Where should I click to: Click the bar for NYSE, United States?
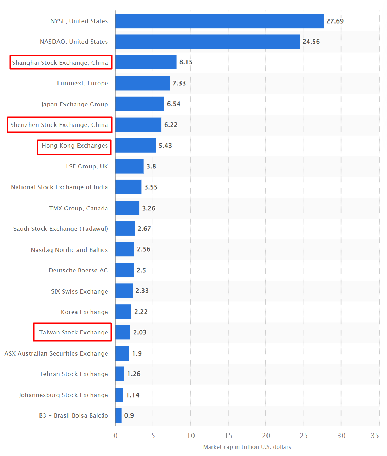click(x=219, y=21)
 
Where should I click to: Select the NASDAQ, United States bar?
click(x=207, y=42)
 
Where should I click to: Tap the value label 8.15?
click(x=186, y=62)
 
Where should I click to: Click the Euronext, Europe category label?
click(x=82, y=83)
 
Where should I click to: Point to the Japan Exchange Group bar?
click(x=140, y=104)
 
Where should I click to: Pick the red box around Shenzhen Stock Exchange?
click(x=60, y=125)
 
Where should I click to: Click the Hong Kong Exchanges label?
click(x=75, y=146)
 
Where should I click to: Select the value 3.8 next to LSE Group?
click(x=151, y=166)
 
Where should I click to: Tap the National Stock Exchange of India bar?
click(x=128, y=187)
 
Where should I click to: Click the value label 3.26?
click(x=149, y=208)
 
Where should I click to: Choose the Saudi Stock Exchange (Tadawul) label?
click(x=61, y=229)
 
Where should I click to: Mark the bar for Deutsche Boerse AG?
click(x=124, y=270)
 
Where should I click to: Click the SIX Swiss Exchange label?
click(x=79, y=291)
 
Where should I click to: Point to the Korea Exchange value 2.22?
click(x=141, y=312)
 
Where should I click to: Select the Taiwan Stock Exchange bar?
click(x=123, y=332)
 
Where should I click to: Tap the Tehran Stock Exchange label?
click(x=74, y=374)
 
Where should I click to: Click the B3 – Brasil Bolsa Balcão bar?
click(x=118, y=415)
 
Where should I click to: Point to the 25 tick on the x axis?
click(x=303, y=436)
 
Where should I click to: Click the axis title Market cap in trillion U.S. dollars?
click(x=247, y=447)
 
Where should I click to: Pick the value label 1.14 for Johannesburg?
click(x=133, y=395)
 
